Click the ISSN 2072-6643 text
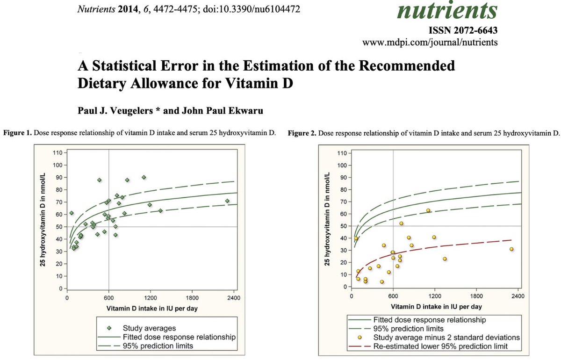point(463,31)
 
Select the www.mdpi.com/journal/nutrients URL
point(430,43)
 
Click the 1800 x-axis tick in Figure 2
point(476,295)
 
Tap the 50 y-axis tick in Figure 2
point(342,226)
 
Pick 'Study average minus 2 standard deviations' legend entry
point(446,337)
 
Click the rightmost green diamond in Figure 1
point(227,201)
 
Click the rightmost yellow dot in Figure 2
point(511,249)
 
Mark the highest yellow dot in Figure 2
point(428,210)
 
